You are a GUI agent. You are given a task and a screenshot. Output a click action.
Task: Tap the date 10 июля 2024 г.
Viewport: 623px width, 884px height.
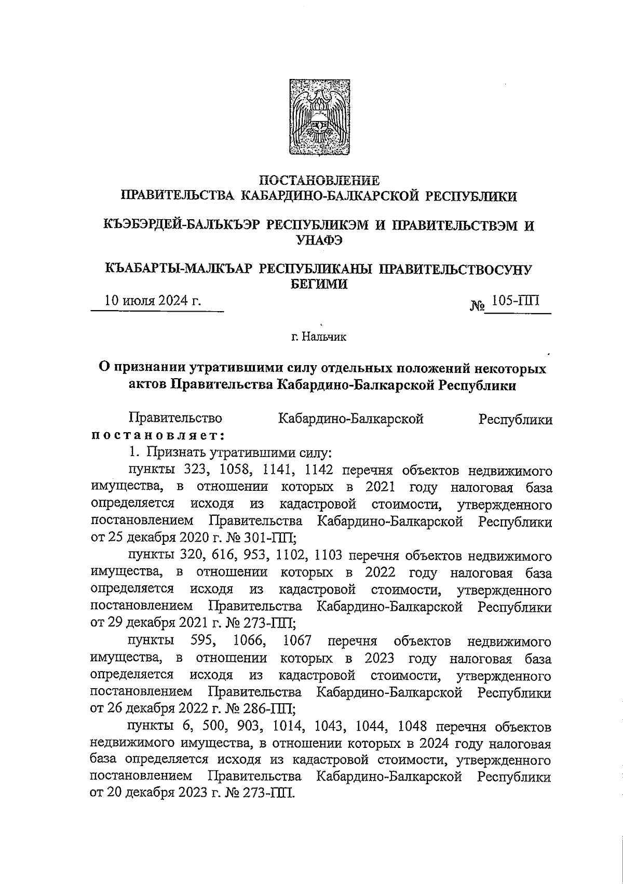click(153, 301)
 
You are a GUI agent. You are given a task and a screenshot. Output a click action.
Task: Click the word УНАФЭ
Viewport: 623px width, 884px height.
click(319, 239)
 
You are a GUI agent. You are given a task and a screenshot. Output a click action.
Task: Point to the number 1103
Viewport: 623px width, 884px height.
click(328, 556)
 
